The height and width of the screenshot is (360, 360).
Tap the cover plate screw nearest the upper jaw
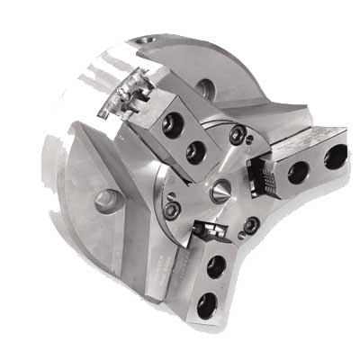coord(238,136)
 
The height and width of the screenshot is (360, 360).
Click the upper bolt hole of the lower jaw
coord(215,267)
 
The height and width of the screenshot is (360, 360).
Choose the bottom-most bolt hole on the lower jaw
coord(207,304)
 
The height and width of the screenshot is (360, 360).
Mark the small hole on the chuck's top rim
coord(148,40)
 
